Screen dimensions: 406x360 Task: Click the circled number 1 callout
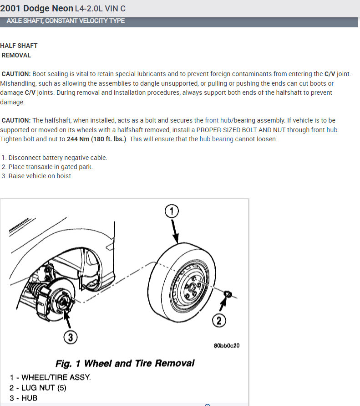(172, 211)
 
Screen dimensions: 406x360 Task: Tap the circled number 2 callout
(219, 321)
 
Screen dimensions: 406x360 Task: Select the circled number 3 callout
(70, 338)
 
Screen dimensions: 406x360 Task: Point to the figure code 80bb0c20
(226, 345)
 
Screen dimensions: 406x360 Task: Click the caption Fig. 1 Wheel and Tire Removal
(125, 363)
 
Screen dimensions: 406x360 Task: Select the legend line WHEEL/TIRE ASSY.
(50, 377)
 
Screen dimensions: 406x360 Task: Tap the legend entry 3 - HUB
(24, 398)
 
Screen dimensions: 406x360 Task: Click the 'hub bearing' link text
(216, 139)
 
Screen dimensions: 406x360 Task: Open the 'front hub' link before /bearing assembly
(218, 120)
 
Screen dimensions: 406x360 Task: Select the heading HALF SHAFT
(19, 46)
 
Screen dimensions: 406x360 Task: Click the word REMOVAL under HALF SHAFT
(16, 55)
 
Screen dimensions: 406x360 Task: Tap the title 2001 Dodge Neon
(36, 8)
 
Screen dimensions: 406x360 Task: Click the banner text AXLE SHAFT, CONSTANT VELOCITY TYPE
(66, 21)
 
